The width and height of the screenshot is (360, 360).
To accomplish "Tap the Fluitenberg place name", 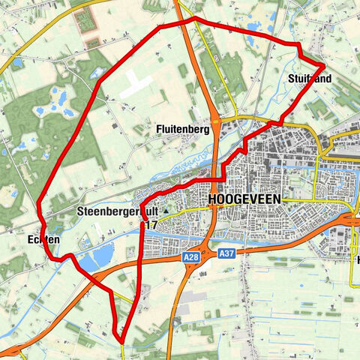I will [182, 129].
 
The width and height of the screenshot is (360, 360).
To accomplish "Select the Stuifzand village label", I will [308, 77].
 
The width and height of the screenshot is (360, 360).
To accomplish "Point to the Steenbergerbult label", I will [117, 212].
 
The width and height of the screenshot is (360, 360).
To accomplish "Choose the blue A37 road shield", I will [226, 256].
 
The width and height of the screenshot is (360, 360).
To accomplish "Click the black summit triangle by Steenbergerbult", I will [166, 211].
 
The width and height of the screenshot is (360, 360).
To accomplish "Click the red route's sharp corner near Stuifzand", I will [324, 68].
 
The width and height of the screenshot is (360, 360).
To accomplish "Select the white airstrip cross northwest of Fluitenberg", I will [137, 85].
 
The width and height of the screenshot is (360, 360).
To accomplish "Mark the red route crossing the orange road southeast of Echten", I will [100, 278].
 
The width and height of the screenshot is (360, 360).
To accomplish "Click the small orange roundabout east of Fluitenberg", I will [216, 120].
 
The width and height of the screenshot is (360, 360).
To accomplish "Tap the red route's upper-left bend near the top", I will [160, 28].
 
